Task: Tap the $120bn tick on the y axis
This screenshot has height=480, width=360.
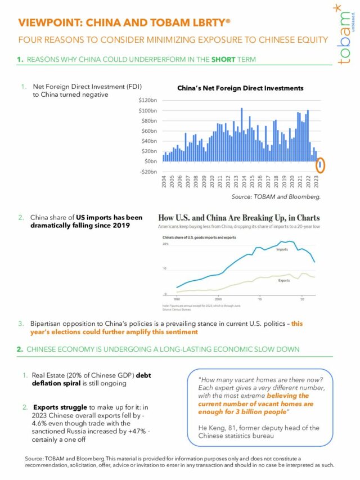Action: tap(148, 99)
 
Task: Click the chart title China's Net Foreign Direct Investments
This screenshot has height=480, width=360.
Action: tap(240, 88)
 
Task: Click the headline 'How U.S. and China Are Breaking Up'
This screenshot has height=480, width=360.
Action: tap(239, 217)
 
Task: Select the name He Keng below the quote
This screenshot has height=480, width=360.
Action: tap(213, 428)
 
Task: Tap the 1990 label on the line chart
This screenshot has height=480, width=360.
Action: tap(177, 299)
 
